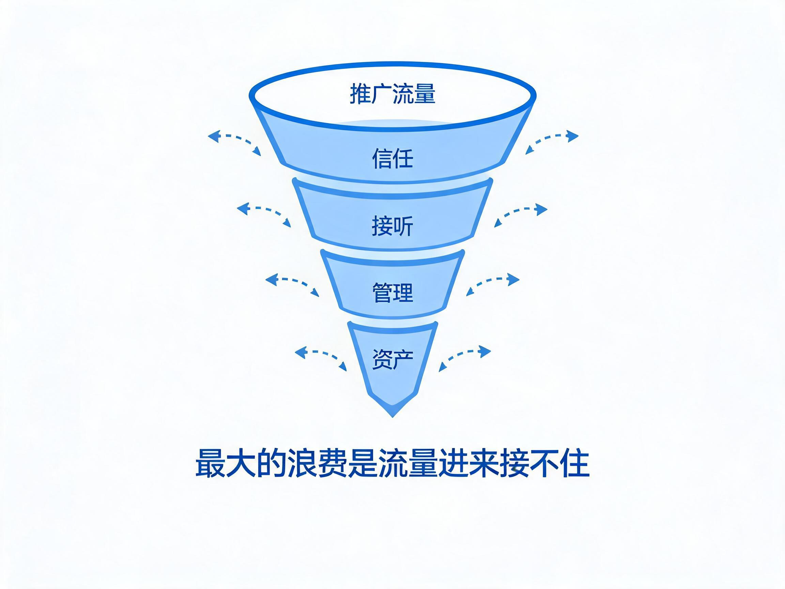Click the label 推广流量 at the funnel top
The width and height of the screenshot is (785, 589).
[x=392, y=94]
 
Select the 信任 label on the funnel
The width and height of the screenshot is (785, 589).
[x=392, y=158]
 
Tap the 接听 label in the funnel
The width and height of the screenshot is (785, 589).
[x=392, y=225]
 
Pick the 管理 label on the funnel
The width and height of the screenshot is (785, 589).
[x=392, y=292]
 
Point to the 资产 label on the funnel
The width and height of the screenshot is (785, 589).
[x=392, y=359]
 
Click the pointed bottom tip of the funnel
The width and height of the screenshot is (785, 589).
[x=392, y=417]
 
